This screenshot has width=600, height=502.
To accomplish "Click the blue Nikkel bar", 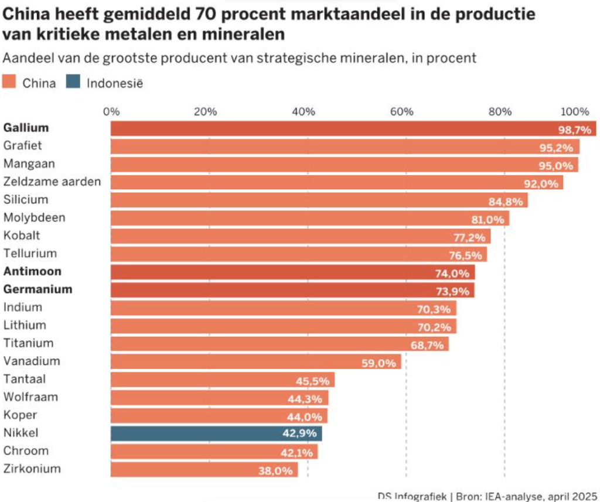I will [x=216, y=433].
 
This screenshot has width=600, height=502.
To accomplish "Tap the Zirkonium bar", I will [x=204, y=470].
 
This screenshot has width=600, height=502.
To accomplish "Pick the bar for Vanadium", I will [x=255, y=362].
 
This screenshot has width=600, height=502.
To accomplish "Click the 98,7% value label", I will [x=575, y=129].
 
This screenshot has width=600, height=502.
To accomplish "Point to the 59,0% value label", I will [x=379, y=363].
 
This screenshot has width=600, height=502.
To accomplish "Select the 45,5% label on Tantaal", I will [x=312, y=381].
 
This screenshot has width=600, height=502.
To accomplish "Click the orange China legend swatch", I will [x=10, y=83].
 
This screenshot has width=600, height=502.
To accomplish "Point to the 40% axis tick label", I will [x=304, y=112].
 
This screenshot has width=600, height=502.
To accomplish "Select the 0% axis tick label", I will [x=111, y=112].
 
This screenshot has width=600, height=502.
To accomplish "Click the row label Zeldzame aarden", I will [x=52, y=182].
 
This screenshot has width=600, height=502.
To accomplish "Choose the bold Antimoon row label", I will [x=32, y=272].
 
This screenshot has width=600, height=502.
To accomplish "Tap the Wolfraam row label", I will [x=30, y=397].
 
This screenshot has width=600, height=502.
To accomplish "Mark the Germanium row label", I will [x=38, y=289].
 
